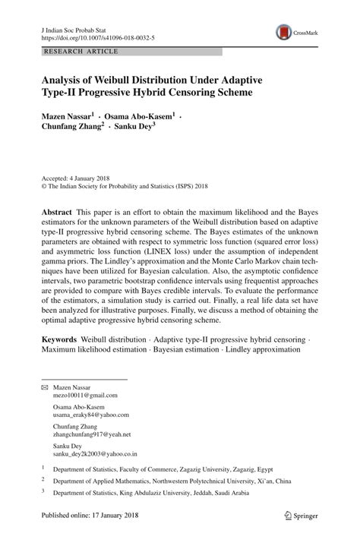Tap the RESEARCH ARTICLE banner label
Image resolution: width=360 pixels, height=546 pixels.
pyautogui.click(x=82, y=52)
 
